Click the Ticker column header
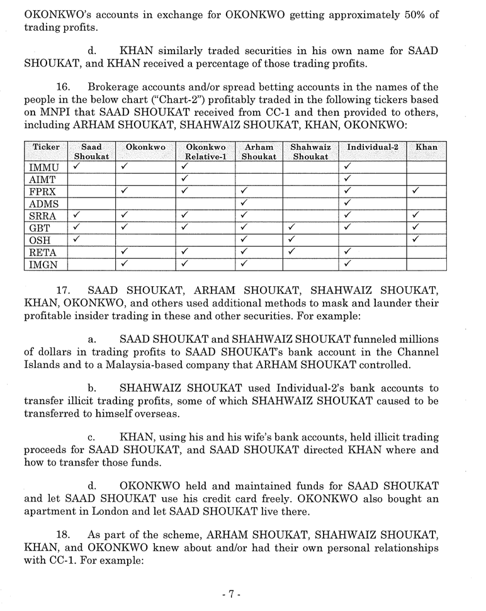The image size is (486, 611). coord(46,147)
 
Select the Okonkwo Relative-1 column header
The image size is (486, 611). coord(206,152)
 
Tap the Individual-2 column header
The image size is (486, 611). coord(373,147)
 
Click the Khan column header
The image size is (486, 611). coord(426,147)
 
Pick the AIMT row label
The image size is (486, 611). coord(43,180)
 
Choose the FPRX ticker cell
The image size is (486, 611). coord(45,192)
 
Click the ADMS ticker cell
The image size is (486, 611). coord(45,204)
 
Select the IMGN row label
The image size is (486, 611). coord(45,264)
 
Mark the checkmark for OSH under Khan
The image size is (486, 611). coord(416,240)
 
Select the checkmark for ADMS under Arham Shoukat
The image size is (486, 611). coord(243,203)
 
